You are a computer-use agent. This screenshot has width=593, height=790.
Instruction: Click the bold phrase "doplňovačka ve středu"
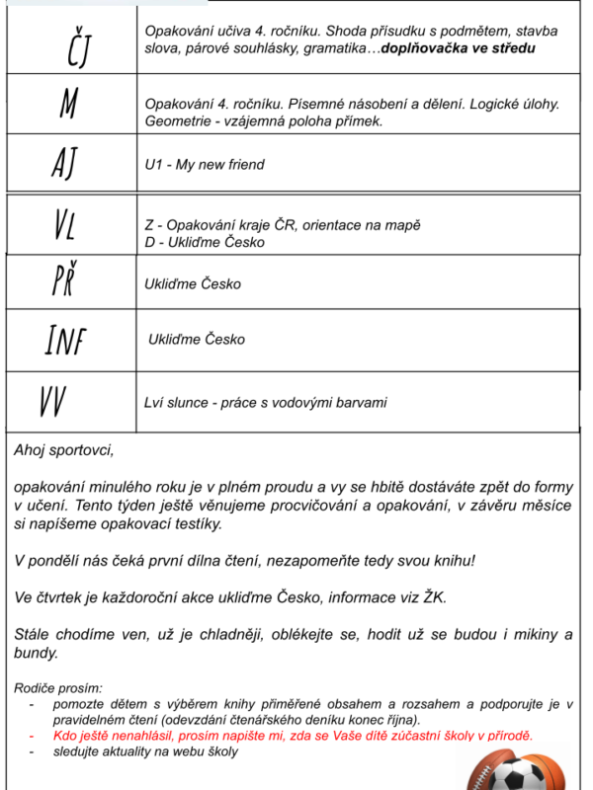459,47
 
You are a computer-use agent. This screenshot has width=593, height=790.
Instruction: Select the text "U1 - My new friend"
205,165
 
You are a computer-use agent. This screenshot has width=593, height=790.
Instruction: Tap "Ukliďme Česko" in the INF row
196,340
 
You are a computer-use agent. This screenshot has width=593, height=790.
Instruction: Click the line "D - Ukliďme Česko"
205,241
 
